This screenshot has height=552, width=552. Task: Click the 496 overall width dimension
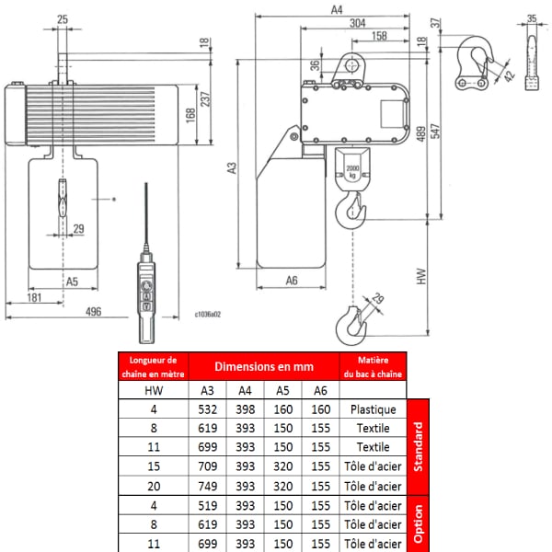(x=93, y=312)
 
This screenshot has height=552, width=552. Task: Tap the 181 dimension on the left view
(x=35, y=297)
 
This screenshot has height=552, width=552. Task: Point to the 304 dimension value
(x=357, y=23)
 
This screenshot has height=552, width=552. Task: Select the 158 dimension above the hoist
(x=379, y=36)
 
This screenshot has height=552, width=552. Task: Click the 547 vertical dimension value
(x=435, y=131)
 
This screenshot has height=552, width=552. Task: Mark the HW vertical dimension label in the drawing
(x=421, y=276)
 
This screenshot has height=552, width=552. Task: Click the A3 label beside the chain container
(x=232, y=167)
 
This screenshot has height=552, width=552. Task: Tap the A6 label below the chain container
(x=292, y=281)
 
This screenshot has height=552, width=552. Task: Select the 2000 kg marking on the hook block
(x=352, y=171)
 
